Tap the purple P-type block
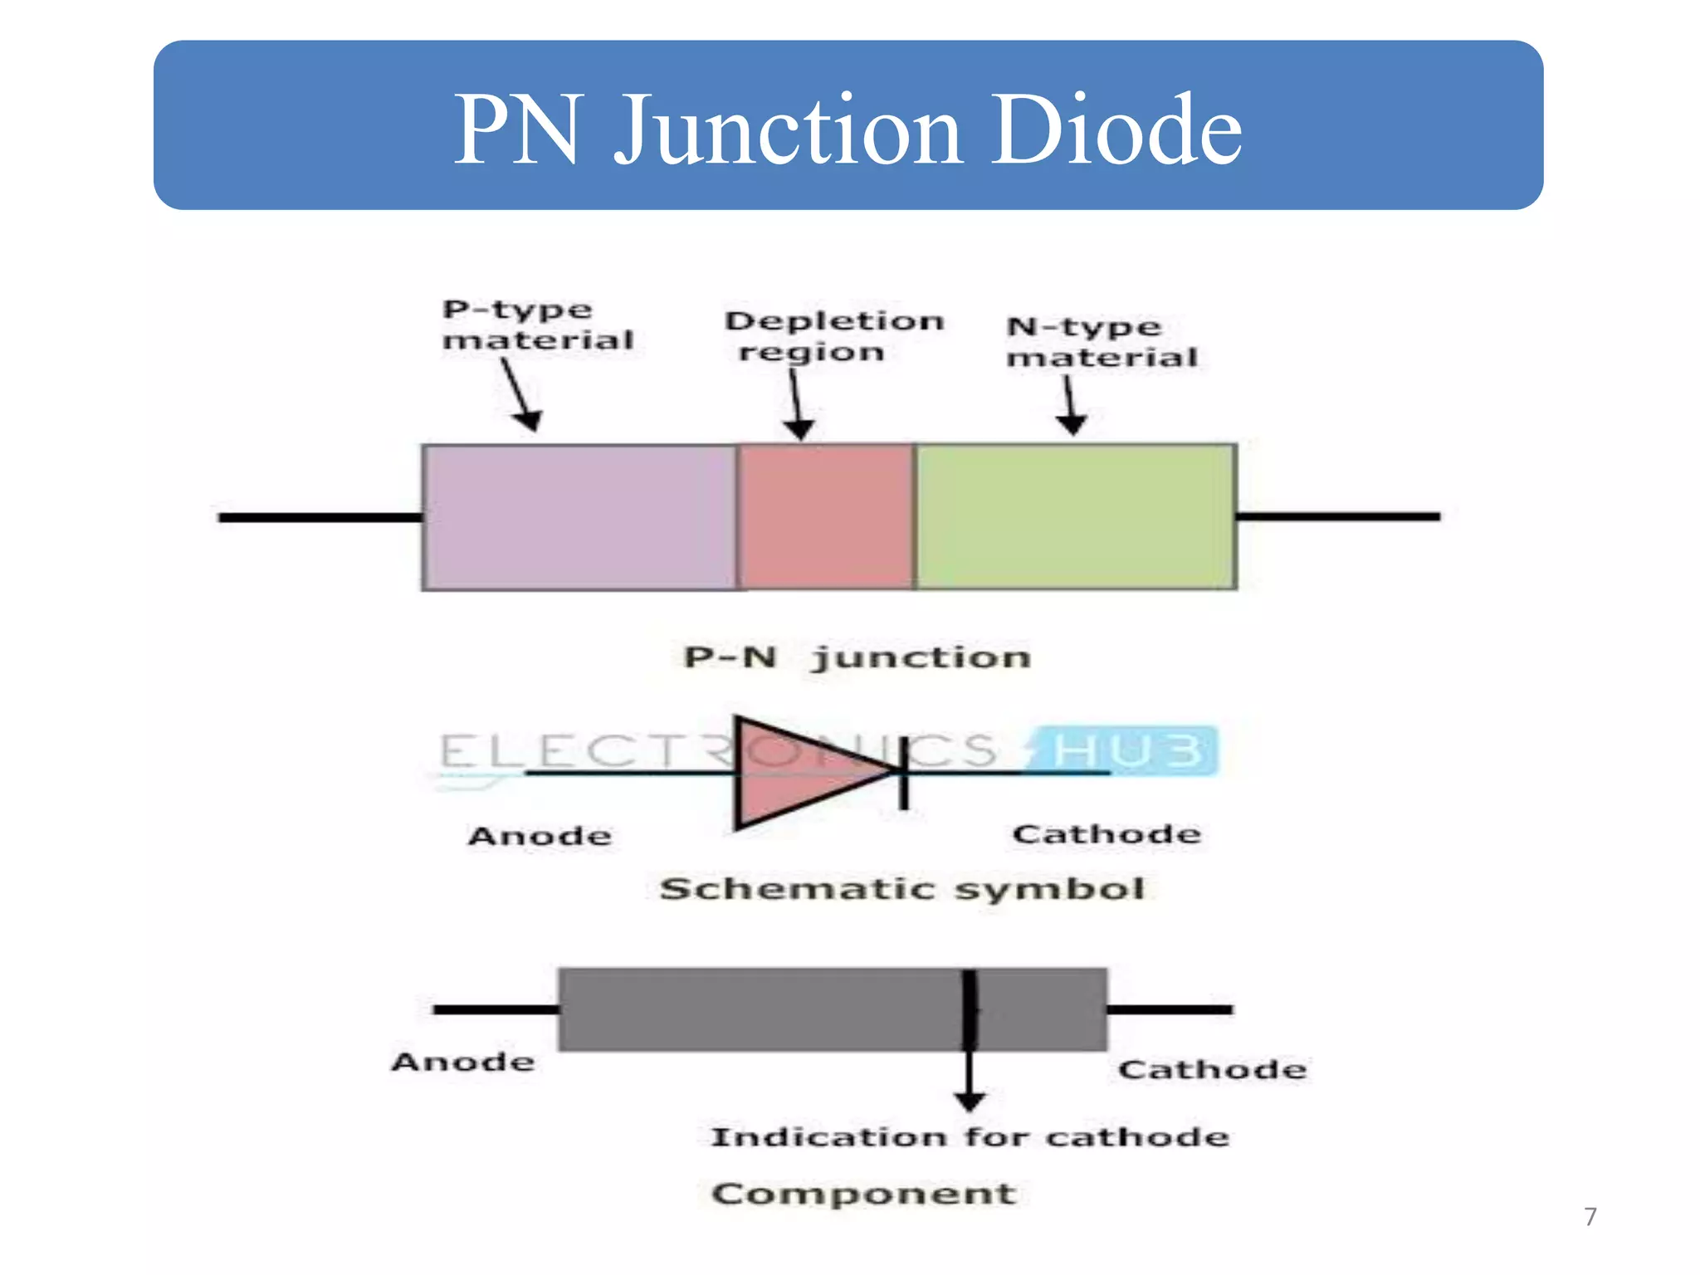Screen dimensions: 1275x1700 pyautogui.click(x=579, y=517)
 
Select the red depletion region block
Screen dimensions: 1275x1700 pyautogui.click(x=826, y=517)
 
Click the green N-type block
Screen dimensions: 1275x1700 pyautogui.click(x=1076, y=517)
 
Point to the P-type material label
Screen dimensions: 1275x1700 pyautogui.click(x=537, y=325)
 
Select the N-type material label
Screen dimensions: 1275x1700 pyautogui.click(x=1102, y=342)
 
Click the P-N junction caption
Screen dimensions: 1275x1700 pyautogui.click(x=857, y=657)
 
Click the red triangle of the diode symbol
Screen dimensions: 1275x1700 pyautogui.click(x=797, y=772)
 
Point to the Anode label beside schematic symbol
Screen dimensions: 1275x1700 pyautogui.click(x=540, y=836)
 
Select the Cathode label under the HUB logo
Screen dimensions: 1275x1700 pyautogui.click(x=1106, y=834)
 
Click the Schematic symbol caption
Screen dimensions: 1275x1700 pyautogui.click(x=902, y=889)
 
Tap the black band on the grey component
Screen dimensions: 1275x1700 pyautogui.click(x=969, y=1009)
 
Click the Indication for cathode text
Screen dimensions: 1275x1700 pyautogui.click(x=970, y=1136)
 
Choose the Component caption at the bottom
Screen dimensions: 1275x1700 pyautogui.click(x=863, y=1194)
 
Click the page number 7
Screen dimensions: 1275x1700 pyautogui.click(x=1590, y=1217)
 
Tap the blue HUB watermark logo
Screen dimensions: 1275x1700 pyautogui.click(x=1125, y=750)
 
